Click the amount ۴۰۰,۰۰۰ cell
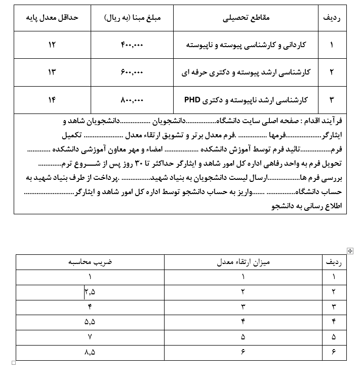(133, 45)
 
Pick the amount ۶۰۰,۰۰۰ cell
(133, 72)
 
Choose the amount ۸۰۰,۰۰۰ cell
(133, 100)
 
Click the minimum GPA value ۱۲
(52, 45)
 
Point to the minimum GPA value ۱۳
(52, 72)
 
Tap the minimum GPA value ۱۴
(52, 100)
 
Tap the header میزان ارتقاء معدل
(244, 262)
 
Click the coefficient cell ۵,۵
(90, 321)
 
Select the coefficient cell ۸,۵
(90, 352)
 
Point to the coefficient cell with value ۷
(90, 336)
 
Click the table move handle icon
(350, 250)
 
